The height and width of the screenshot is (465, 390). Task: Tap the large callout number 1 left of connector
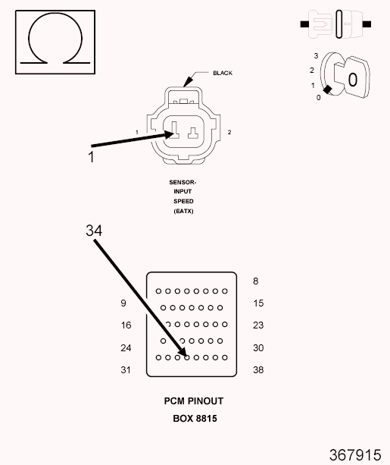92,157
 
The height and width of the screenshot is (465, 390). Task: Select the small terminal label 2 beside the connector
229,133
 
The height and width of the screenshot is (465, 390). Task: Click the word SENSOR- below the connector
183,182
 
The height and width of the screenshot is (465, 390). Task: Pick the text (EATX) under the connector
183,211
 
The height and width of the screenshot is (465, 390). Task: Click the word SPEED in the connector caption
183,201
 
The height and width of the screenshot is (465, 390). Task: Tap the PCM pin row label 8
255,281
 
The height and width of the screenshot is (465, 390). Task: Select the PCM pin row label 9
123,303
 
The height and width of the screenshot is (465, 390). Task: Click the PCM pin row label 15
257,303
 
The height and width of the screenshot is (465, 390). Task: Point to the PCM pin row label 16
126,325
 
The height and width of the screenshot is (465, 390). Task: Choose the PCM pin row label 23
257,325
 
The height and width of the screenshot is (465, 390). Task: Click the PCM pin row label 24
126,348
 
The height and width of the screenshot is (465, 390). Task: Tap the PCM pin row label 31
126,370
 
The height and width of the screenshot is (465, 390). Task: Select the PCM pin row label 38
257,370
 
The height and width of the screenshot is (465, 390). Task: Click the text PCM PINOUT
194,401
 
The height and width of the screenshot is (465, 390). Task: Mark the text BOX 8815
195,418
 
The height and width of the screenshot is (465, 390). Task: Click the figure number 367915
354,454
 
